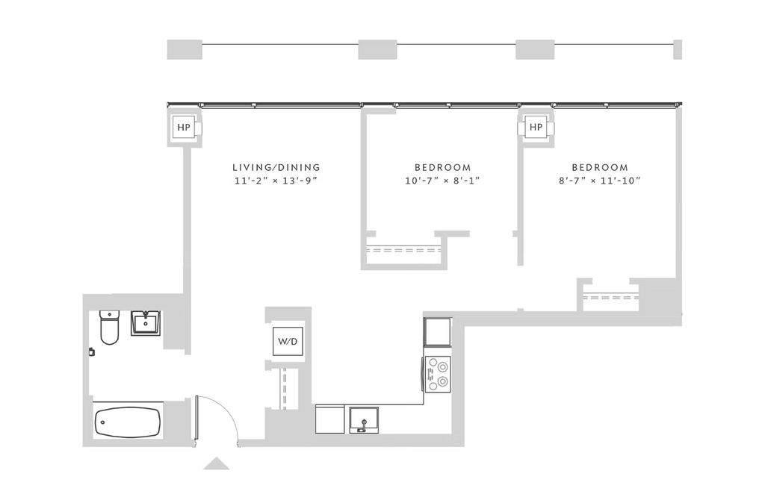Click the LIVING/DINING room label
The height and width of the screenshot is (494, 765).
pos(276,168)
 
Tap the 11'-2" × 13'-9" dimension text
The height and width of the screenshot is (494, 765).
pos(276,181)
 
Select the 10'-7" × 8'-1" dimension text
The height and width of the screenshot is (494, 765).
pos(442,181)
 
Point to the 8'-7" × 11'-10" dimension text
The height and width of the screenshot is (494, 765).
pos(600,181)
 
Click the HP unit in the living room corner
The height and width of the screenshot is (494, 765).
pos(184,128)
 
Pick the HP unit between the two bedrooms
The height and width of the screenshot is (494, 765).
pos(536,127)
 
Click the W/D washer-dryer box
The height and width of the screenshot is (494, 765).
pos(288,341)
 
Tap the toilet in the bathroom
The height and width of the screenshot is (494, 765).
pos(109,327)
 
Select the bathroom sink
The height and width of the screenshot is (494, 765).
pos(146,323)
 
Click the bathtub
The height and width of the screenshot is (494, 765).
pos(128,422)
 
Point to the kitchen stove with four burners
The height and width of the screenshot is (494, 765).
pos(438,374)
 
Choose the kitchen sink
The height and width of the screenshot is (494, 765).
pos(364,420)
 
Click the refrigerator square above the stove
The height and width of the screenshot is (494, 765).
pos(437,332)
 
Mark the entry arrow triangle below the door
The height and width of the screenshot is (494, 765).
pos(216,464)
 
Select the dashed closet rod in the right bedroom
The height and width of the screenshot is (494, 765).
pos(611,297)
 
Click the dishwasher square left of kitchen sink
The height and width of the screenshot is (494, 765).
pos(329,419)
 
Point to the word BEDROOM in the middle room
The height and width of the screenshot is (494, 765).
pos(442,168)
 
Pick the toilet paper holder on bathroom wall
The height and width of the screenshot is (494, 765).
pos(91,351)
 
